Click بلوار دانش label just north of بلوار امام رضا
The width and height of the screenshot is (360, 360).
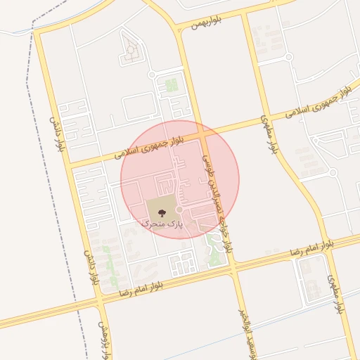(x=91, y=266)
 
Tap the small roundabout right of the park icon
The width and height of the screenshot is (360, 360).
(x=180, y=210)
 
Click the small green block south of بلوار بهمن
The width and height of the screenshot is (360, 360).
(x=170, y=86)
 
